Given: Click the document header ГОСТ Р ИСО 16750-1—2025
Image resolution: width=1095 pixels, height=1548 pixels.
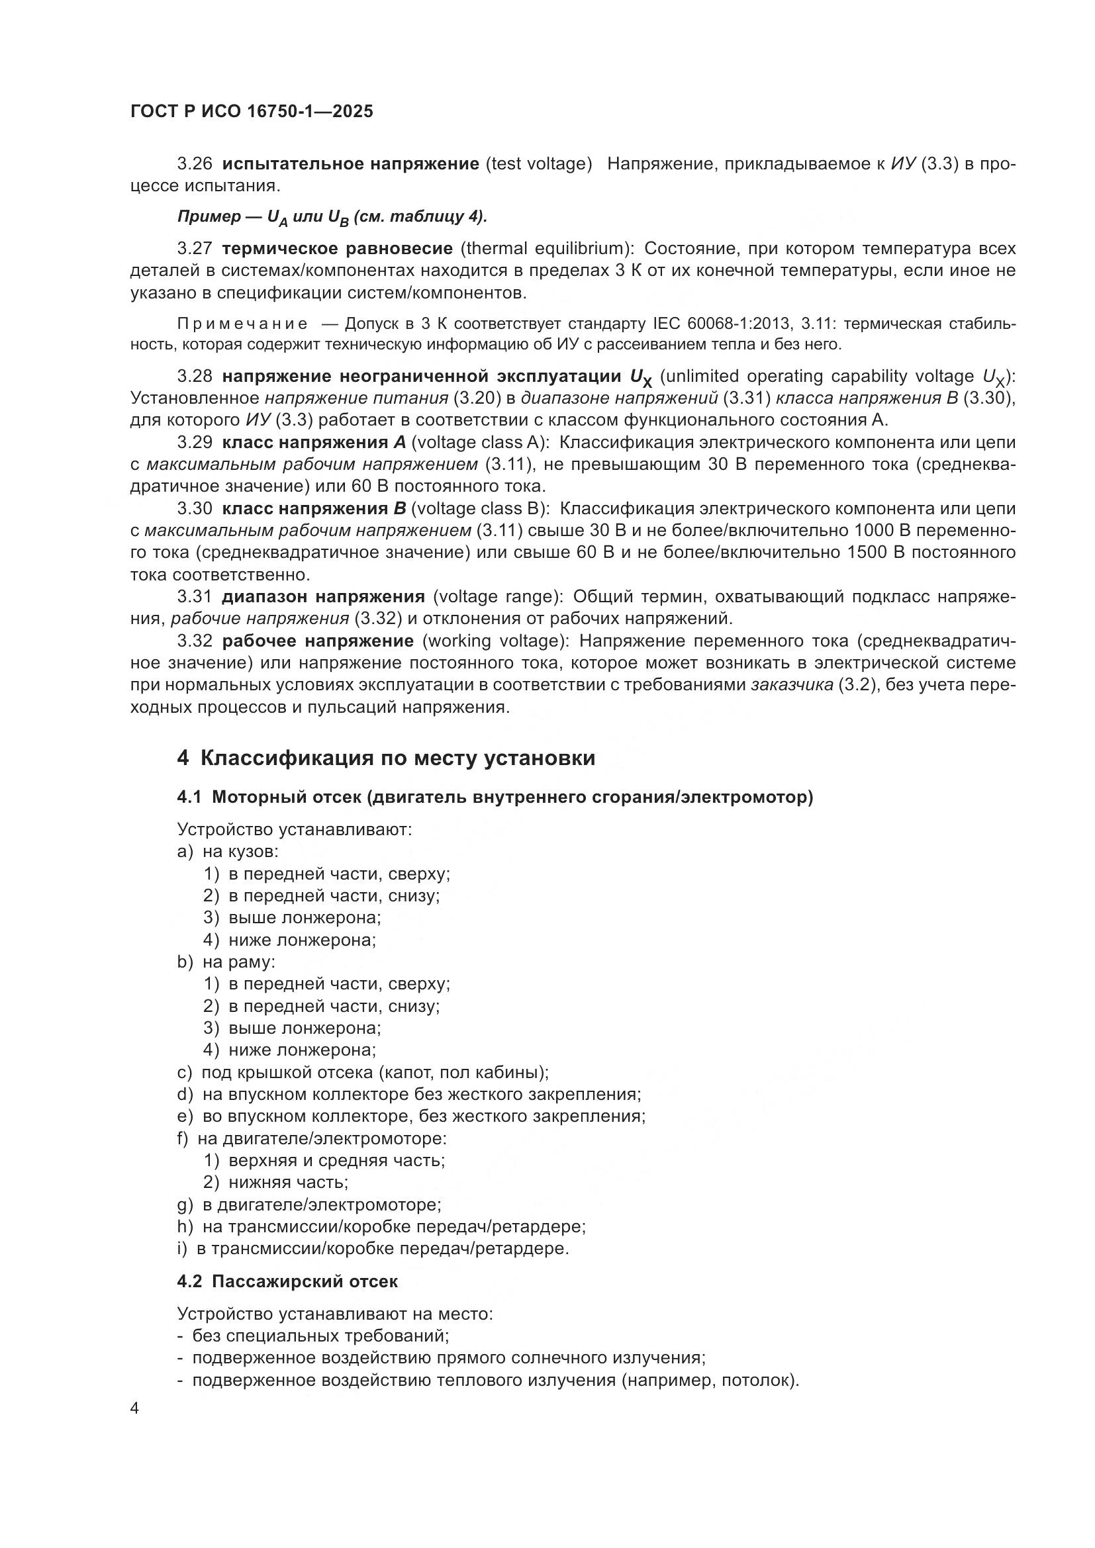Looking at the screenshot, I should pyautogui.click(x=252, y=112).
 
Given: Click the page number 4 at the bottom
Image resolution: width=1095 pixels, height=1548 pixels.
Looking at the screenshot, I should pyautogui.click(x=135, y=1408).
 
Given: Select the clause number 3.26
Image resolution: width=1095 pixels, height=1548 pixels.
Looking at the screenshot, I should pyautogui.click(x=195, y=164).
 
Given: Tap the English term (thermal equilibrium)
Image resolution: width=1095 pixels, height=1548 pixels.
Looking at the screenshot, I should pyautogui.click(x=547, y=249).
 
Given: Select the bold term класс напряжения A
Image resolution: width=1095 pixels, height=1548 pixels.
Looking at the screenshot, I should pyautogui.click(x=314, y=443).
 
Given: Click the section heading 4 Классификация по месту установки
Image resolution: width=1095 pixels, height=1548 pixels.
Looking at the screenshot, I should pyautogui.click(x=386, y=758).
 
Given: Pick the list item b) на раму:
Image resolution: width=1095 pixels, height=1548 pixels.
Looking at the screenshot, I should pyautogui.click(x=226, y=962).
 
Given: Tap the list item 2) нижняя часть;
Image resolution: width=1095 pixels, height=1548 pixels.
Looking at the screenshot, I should pyautogui.click(x=277, y=1182).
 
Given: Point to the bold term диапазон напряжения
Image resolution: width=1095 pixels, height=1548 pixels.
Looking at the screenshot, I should pyautogui.click(x=324, y=597).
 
